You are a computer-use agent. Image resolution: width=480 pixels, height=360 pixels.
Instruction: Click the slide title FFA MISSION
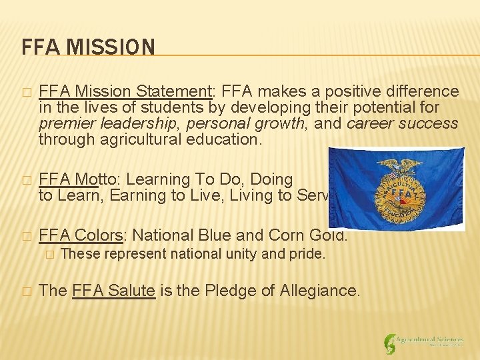pyautogui.click(x=88, y=47)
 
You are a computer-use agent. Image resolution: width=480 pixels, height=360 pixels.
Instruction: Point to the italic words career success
pyautogui.click(x=402, y=123)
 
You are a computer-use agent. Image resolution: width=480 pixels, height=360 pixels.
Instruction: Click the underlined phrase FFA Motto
pyautogui.click(x=71, y=179)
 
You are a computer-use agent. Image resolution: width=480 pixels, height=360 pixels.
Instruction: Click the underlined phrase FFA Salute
pyautogui.click(x=113, y=290)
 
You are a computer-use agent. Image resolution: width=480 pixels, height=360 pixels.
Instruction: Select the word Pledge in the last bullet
pyautogui.click(x=237, y=290)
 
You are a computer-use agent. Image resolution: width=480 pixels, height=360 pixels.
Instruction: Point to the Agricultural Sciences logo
pyautogui.click(x=424, y=342)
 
